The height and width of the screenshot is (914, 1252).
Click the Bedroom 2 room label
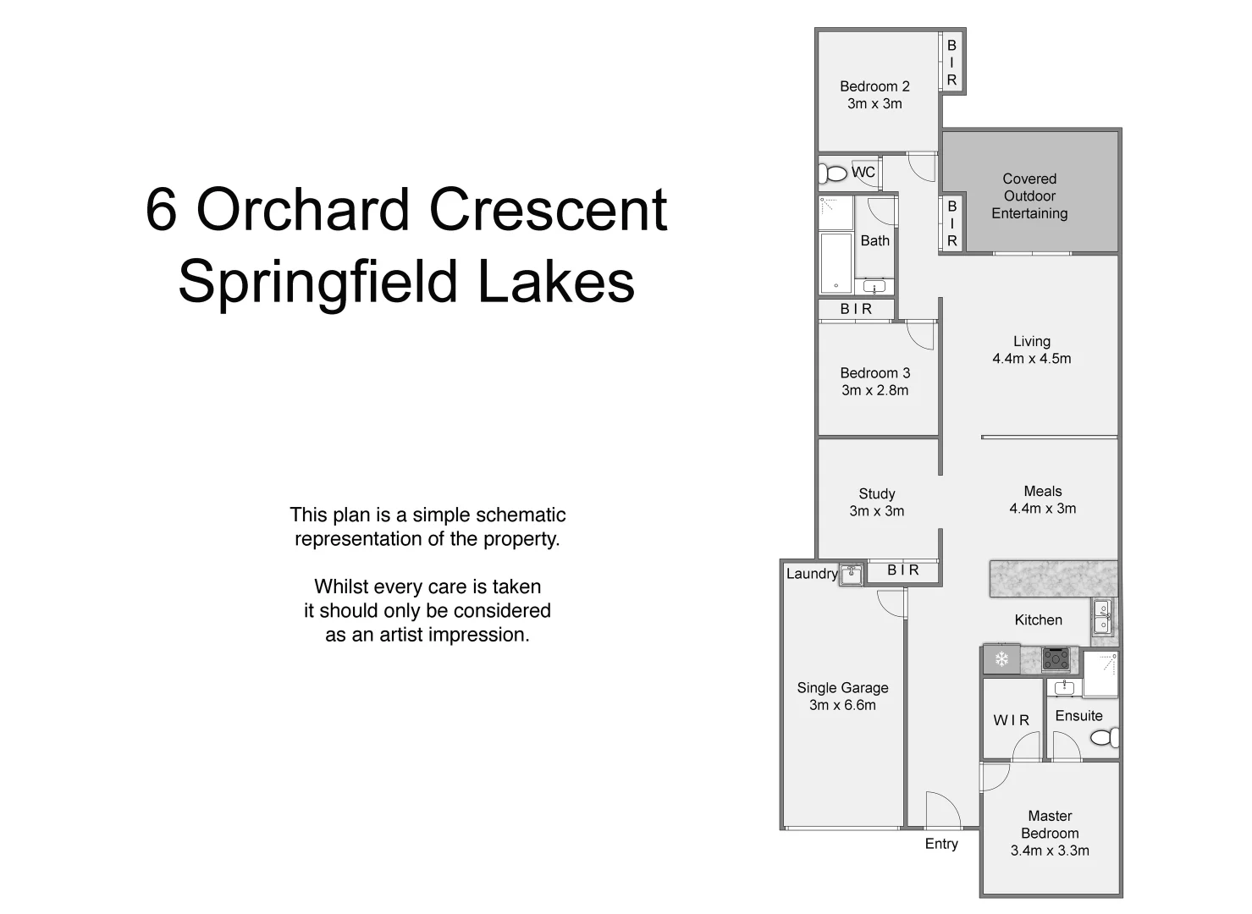tap(874, 86)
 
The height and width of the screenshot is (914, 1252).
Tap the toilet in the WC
tap(834, 173)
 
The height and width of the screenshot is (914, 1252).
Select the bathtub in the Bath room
tap(836, 262)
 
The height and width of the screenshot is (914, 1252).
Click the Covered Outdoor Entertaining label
tap(1029, 196)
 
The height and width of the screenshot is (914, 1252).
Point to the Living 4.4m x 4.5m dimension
tap(1031, 359)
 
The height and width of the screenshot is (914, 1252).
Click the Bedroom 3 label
tap(874, 373)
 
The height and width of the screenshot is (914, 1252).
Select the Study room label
tap(876, 493)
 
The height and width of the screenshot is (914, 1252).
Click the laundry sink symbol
tap(851, 575)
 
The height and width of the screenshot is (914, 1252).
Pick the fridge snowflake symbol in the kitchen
tap(1001, 659)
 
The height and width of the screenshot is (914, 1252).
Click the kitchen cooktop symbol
tap(1056, 658)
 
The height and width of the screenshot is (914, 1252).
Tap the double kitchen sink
tap(1102, 617)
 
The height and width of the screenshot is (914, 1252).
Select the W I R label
tap(1012, 720)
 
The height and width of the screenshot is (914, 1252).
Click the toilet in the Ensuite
tap(1105, 738)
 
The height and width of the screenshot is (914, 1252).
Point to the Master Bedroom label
tap(1050, 824)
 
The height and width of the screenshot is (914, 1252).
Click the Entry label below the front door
tap(941, 844)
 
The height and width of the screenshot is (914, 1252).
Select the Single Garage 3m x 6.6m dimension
tap(842, 705)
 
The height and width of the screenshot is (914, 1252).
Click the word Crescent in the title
tap(549, 210)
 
